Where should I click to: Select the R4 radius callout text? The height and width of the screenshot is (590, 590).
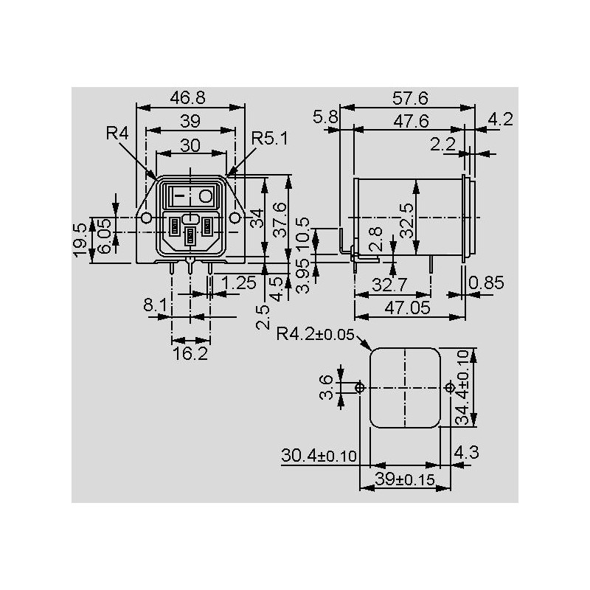tap(118, 133)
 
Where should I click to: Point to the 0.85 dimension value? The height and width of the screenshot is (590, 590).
tap(487, 282)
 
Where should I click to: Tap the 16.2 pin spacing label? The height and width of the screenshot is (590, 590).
tap(190, 354)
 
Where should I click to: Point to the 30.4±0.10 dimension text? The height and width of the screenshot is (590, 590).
tap(319, 456)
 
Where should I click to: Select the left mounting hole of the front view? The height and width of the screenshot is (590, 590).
tap(146, 218)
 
